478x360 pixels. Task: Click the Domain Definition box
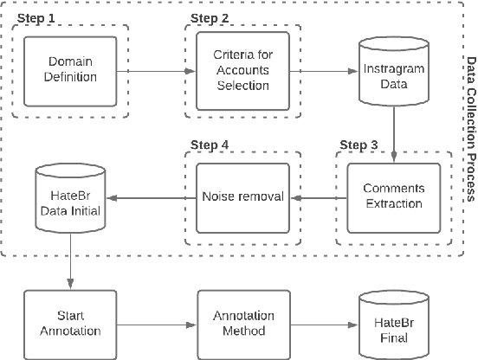point(71,73)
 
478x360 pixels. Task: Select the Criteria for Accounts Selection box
point(242,73)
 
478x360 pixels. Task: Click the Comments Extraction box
point(395,196)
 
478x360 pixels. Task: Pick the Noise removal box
point(242,196)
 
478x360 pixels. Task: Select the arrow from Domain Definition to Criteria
point(157,73)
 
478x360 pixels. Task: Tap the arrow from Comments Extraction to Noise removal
point(319,196)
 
